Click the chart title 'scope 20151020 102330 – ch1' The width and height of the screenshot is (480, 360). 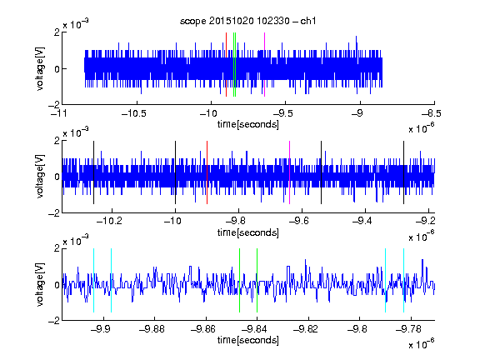click(247, 21)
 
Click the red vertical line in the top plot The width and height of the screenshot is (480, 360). click(226, 65)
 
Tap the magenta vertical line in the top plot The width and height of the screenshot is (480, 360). click(264, 65)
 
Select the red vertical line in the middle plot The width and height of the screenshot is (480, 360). click(207, 172)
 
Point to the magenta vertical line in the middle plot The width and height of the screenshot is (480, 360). click(290, 172)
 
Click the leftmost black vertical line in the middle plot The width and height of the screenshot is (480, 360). click(93, 172)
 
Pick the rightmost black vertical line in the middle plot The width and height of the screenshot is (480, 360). click(403, 172)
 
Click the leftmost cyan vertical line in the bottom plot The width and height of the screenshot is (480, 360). click(93, 280)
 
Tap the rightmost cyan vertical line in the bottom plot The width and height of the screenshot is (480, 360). click(403, 280)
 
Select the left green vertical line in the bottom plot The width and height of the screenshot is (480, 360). click(239, 280)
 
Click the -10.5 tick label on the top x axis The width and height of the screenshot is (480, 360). click(134, 113)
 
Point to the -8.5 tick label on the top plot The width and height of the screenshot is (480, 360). click(432, 113)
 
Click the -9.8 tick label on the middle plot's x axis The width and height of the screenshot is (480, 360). click(237, 220)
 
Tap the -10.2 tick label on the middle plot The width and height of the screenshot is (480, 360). click(109, 220)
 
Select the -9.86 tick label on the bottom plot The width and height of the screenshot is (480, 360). click(203, 329)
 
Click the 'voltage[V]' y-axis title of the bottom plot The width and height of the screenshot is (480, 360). click(40, 284)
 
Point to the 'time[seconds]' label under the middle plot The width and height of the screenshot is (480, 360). click(248, 233)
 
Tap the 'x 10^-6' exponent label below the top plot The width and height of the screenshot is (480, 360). click(422, 127)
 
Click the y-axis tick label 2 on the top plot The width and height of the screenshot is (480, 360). click(57, 32)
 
